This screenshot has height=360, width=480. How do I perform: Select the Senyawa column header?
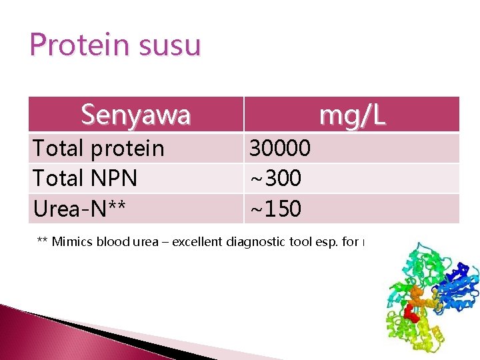coord(135,115)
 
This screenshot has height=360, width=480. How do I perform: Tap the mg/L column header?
coord(351,115)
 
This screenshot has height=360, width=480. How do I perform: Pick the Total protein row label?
coord(98,148)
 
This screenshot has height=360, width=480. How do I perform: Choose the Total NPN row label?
coord(85,179)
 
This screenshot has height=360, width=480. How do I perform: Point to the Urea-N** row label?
coord(79,209)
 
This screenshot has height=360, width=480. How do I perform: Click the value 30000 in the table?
coord(280,148)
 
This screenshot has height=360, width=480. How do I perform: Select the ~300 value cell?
coord(275,179)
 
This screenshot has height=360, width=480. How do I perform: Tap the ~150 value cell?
coord(275,209)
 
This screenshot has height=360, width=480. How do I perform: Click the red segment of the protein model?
coord(413,315)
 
